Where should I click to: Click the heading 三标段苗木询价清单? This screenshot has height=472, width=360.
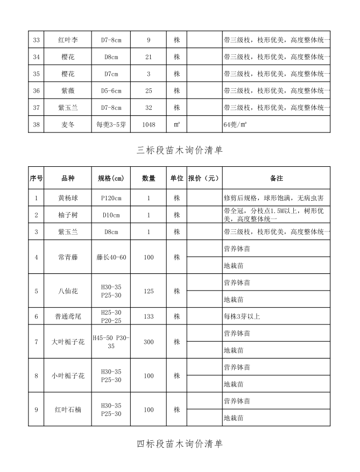[x=180, y=151]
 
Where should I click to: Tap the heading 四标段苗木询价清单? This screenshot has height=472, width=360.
[x=180, y=444]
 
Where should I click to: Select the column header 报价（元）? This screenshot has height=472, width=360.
[x=204, y=178]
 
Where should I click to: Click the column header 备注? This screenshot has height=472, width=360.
[x=276, y=178]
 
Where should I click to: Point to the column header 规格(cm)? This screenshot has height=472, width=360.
[x=111, y=178]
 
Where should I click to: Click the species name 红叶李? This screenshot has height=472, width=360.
[x=68, y=40]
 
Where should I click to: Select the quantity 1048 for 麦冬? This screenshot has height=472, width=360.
[x=149, y=124]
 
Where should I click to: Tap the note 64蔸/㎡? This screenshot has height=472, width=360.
[x=235, y=124]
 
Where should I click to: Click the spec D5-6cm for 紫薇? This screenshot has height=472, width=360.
[x=111, y=90]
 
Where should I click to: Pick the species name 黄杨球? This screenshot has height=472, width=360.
[x=68, y=198]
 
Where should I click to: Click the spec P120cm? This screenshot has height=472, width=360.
[x=111, y=198]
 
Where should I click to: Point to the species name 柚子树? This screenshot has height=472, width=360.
[x=68, y=215]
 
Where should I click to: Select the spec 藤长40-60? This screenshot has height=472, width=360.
[x=111, y=257]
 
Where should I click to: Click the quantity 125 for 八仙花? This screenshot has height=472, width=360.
[x=149, y=291]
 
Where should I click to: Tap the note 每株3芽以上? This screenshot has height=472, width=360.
[x=242, y=316]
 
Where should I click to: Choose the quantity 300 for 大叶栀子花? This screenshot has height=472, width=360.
[x=149, y=342]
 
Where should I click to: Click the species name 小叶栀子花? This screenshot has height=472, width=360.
[x=68, y=376]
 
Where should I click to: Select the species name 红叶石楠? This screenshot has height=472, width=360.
[x=68, y=410]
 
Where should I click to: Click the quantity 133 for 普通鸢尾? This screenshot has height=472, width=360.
[x=149, y=316]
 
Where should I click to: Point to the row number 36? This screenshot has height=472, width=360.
[x=37, y=90]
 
